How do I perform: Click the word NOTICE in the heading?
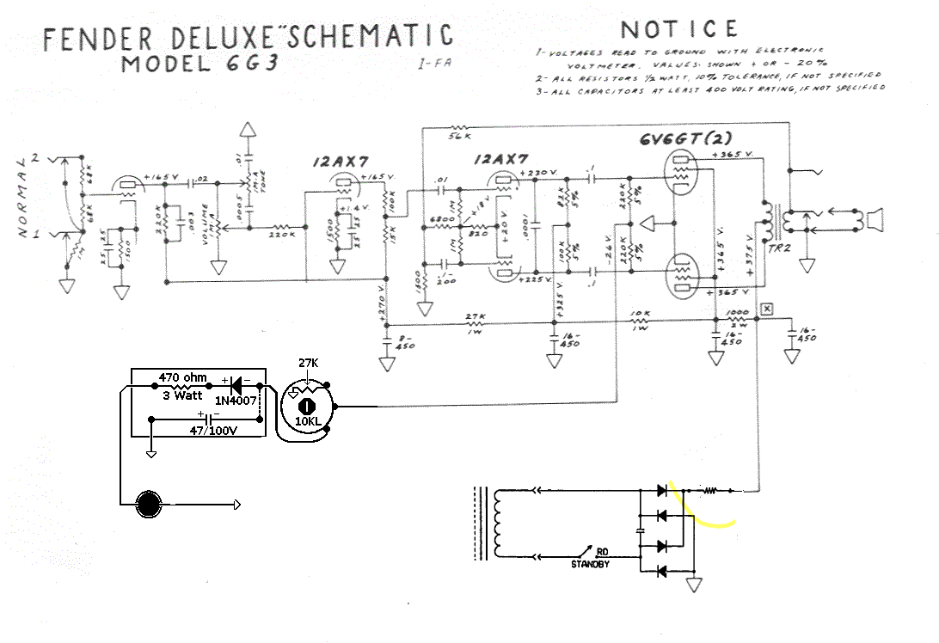click(x=678, y=28)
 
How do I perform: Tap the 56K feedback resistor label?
click(x=460, y=136)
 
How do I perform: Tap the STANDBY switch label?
click(x=591, y=565)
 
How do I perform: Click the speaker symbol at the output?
click(x=874, y=221)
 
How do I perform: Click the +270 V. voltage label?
click(x=379, y=307)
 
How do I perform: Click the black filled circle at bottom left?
click(x=150, y=504)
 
